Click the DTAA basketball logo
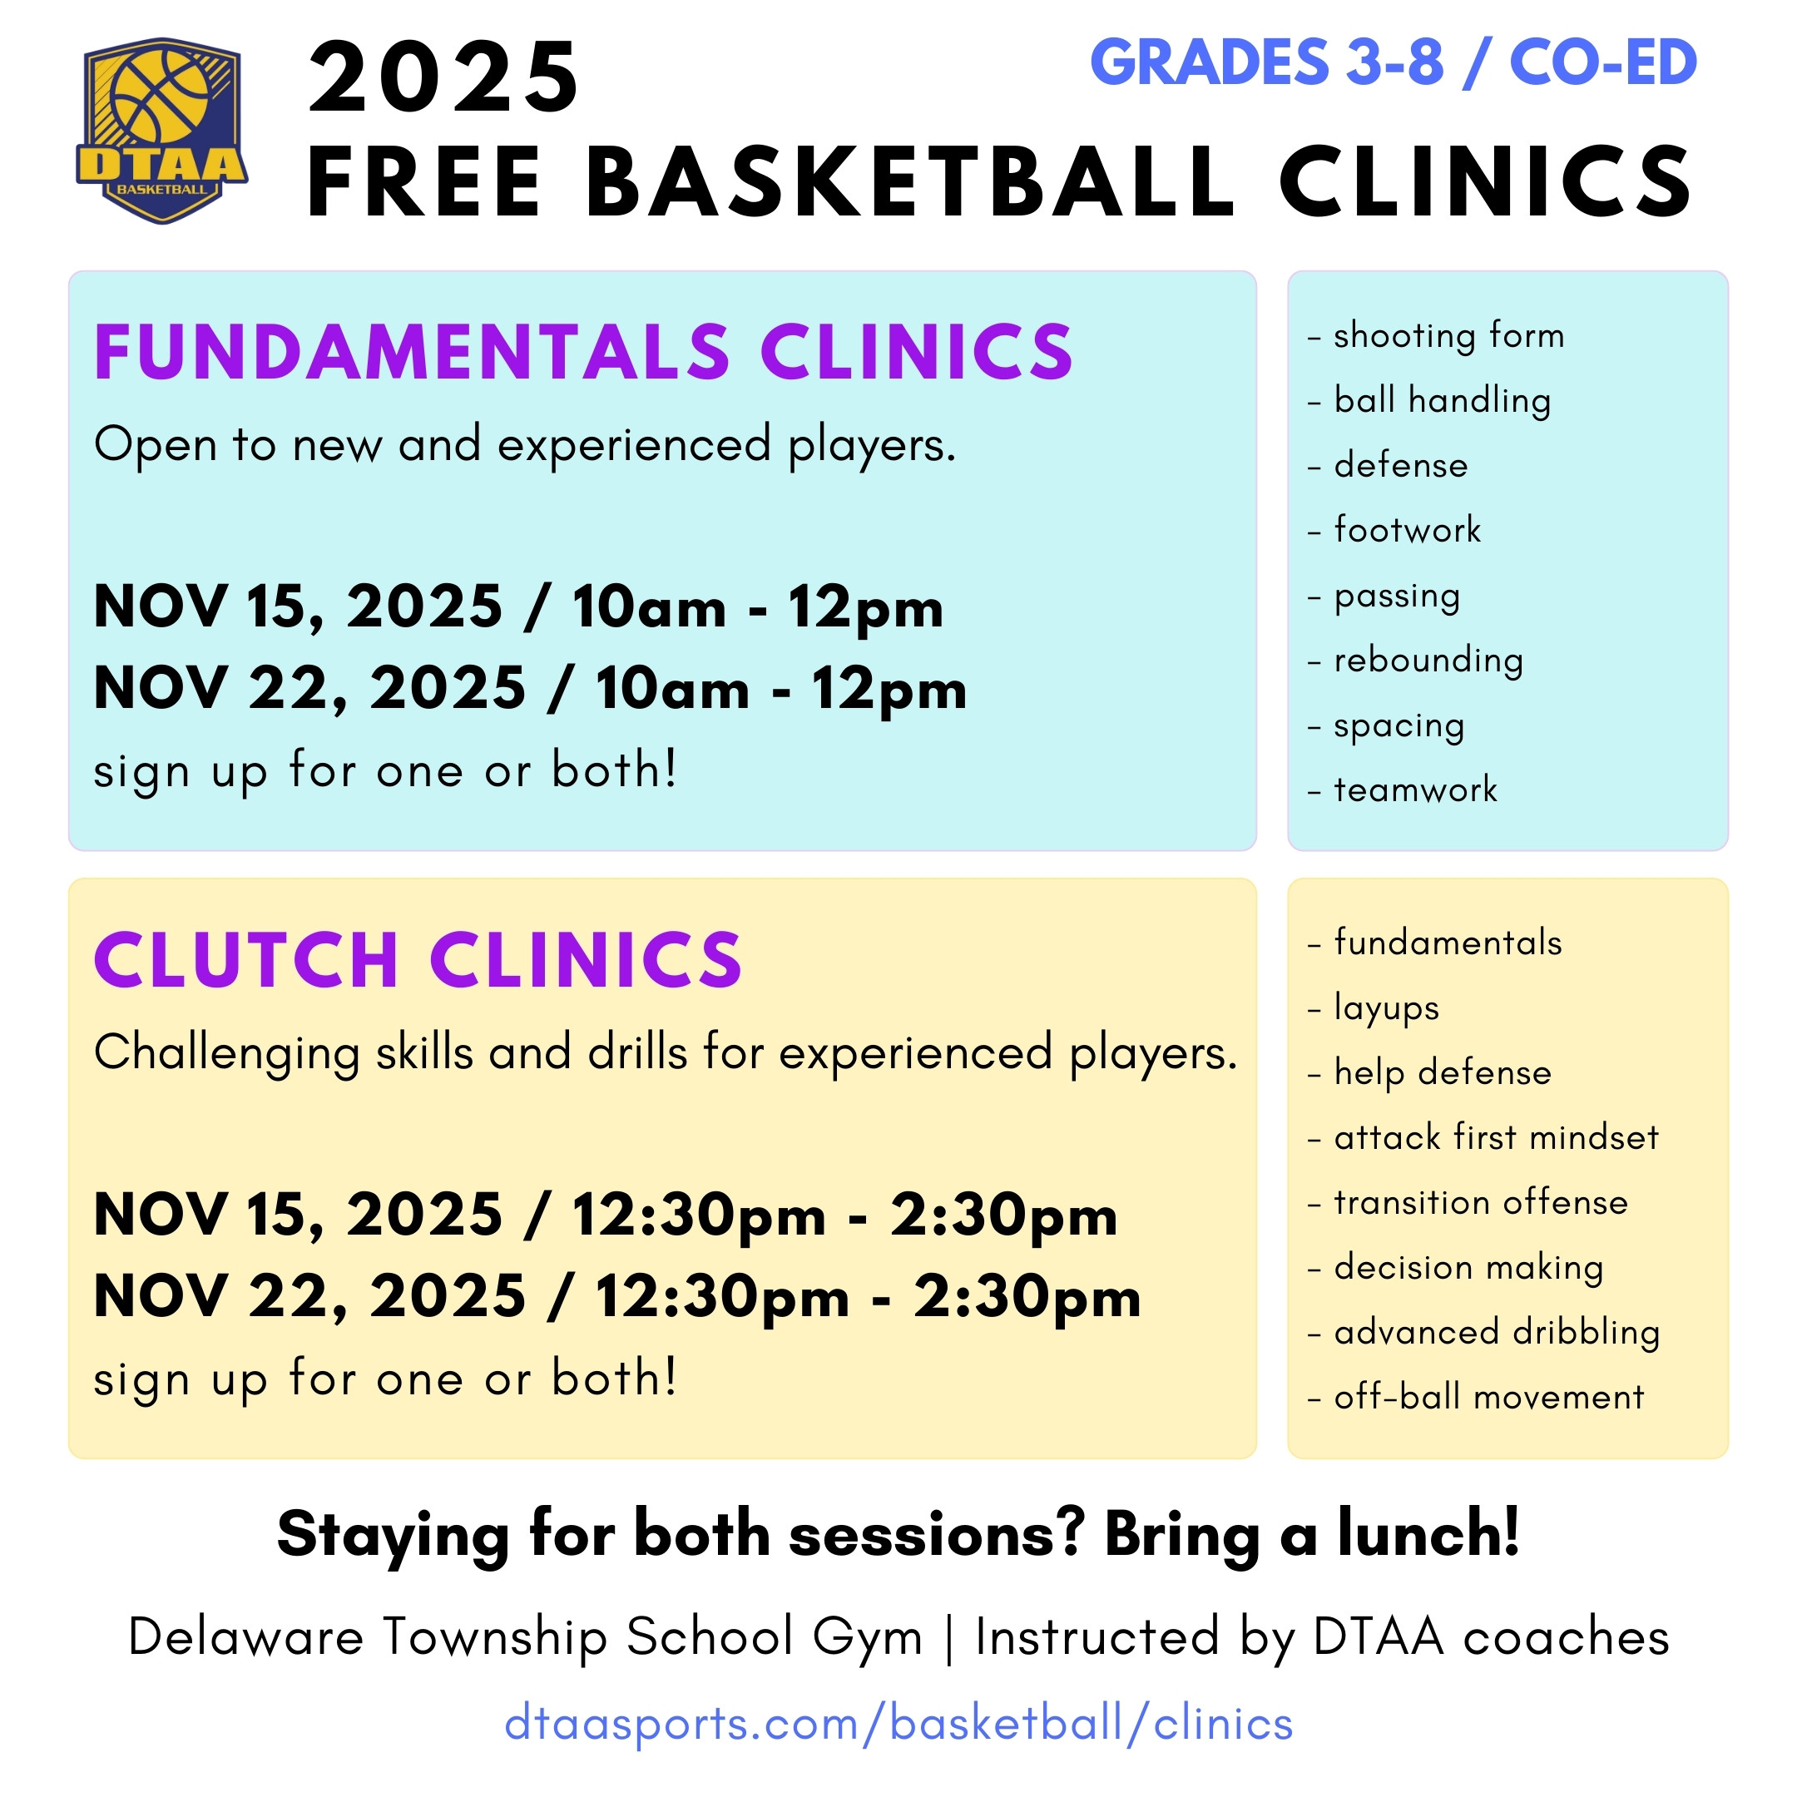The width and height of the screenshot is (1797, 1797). click(162, 131)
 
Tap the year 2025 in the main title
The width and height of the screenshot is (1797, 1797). click(444, 78)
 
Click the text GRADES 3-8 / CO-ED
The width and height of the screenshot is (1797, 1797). click(1394, 62)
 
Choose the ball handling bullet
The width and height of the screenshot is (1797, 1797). click(1429, 400)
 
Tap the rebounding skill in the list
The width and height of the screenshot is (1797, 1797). click(1416, 661)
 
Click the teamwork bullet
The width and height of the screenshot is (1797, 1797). click(1403, 790)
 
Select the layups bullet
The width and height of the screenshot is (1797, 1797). click(1374, 1008)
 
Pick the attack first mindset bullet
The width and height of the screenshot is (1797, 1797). click(1483, 1136)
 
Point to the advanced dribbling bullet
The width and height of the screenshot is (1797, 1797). click(1483, 1332)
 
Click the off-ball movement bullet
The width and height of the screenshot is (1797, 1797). click(1476, 1397)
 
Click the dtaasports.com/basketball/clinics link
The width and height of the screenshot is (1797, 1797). click(898, 1724)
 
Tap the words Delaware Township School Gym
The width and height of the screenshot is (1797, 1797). click(526, 1637)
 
